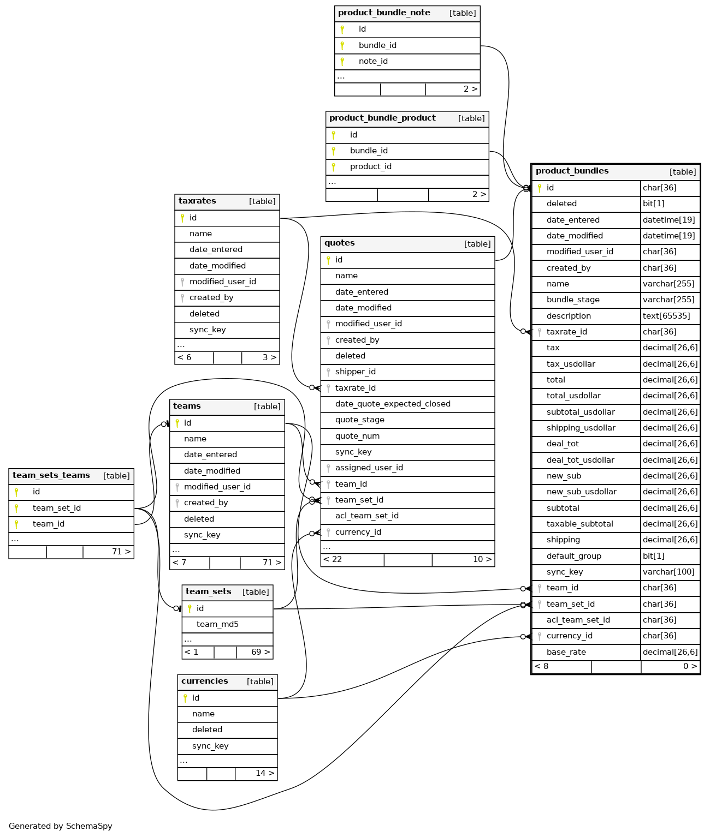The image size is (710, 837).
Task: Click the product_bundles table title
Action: click(572, 171)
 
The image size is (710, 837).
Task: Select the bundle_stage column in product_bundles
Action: click(573, 300)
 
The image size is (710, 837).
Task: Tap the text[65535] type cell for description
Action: click(666, 316)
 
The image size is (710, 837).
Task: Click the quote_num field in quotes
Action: click(357, 436)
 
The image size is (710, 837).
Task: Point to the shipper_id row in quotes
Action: click(355, 372)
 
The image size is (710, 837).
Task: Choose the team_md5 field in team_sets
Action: click(217, 624)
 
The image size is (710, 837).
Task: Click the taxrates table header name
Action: click(197, 201)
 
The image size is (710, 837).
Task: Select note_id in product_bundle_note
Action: click(373, 61)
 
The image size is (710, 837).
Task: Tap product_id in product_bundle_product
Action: click(370, 166)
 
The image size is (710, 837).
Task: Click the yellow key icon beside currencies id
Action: click(185, 698)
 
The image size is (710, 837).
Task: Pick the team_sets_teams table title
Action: click(51, 476)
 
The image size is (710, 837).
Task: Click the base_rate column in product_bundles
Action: click(566, 652)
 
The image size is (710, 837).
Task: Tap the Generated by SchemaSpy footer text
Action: click(60, 826)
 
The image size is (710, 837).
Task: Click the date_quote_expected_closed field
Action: click(393, 404)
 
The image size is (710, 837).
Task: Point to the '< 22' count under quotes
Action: click(333, 559)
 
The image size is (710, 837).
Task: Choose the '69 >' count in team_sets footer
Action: click(260, 652)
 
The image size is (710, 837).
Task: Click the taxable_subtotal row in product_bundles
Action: click(579, 524)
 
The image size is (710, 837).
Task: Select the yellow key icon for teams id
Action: click(177, 423)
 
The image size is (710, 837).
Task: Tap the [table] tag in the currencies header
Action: click(260, 681)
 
